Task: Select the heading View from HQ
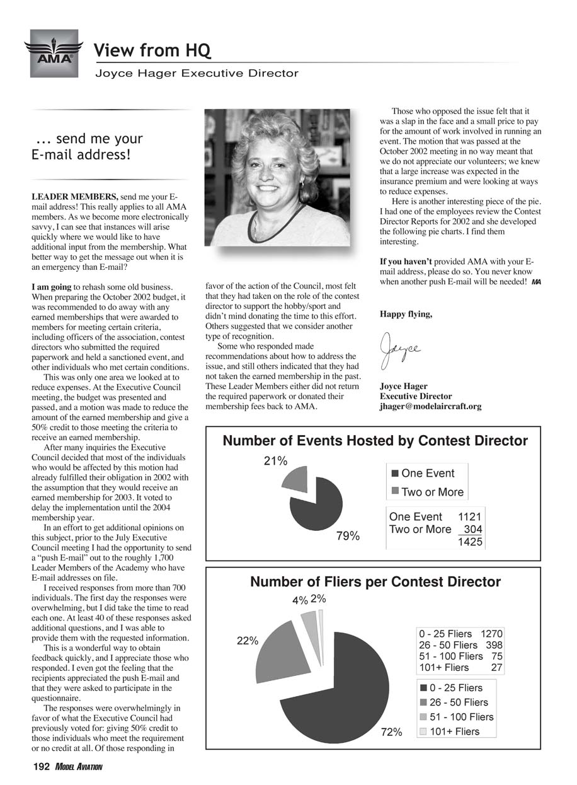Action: (x=152, y=50)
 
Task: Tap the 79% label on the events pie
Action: (x=347, y=536)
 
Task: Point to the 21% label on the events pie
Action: (x=275, y=461)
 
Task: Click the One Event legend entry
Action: (x=423, y=473)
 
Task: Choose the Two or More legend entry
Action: (x=427, y=492)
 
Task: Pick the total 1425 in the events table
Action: (x=470, y=542)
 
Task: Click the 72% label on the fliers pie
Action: (x=391, y=732)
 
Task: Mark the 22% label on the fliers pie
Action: (x=248, y=641)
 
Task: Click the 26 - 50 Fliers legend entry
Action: (x=453, y=702)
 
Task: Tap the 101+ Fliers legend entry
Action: (x=449, y=731)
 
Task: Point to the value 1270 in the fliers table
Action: (x=492, y=634)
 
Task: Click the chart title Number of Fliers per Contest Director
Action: (x=375, y=582)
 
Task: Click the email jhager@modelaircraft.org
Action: (x=430, y=407)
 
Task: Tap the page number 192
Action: (x=40, y=766)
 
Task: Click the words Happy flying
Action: (x=406, y=314)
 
